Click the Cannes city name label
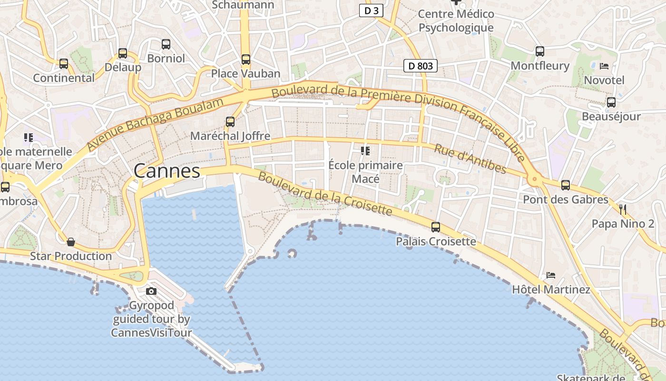pyautogui.click(x=166, y=171)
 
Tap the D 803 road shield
pyautogui.click(x=421, y=66)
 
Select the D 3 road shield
pyautogui.click(x=371, y=10)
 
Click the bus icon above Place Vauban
pyautogui.click(x=245, y=60)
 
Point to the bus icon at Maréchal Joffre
pyautogui.click(x=230, y=121)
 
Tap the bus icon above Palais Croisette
pyautogui.click(x=436, y=227)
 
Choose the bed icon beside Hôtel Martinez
pyautogui.click(x=551, y=275)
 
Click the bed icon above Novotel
pyautogui.click(x=604, y=66)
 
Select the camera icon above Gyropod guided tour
pyautogui.click(x=151, y=291)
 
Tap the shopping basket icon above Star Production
pyautogui.click(x=71, y=242)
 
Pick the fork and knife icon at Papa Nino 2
pyautogui.click(x=623, y=209)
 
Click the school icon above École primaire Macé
pyautogui.click(x=365, y=151)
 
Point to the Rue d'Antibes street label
pyautogui.click(x=470, y=159)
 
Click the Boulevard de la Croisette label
pyautogui.click(x=325, y=193)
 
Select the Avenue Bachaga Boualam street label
pyautogui.click(x=156, y=125)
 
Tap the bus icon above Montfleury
pyautogui.click(x=539, y=51)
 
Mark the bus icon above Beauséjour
pyautogui.click(x=611, y=102)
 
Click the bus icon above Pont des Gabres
pyautogui.click(x=566, y=185)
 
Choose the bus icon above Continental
pyautogui.click(x=64, y=64)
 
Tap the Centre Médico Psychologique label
pyautogui.click(x=456, y=21)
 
